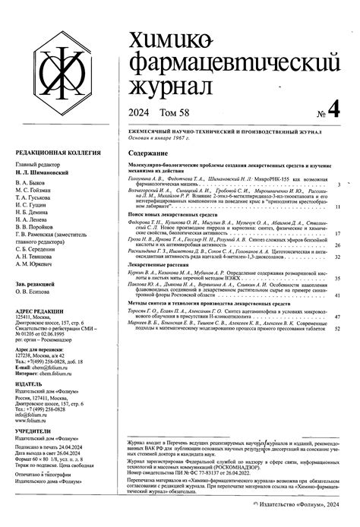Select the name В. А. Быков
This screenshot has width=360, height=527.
(x=30, y=183)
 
